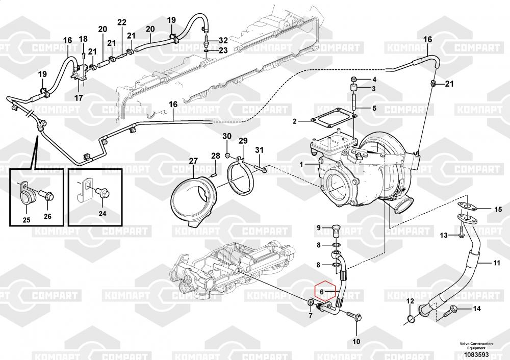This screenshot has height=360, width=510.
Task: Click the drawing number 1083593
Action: tap(479, 354)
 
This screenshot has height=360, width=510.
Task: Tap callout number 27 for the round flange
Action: tap(193, 161)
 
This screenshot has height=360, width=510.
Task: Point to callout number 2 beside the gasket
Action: tap(294, 121)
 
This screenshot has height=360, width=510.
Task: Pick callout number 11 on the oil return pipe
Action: tap(496, 263)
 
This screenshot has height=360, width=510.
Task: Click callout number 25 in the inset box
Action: tap(27, 220)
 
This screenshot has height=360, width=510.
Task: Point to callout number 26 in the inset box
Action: tap(47, 216)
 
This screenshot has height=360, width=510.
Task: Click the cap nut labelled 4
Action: tap(352, 80)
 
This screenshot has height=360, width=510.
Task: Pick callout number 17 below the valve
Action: tap(79, 97)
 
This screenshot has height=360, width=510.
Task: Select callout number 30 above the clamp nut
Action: tap(227, 136)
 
